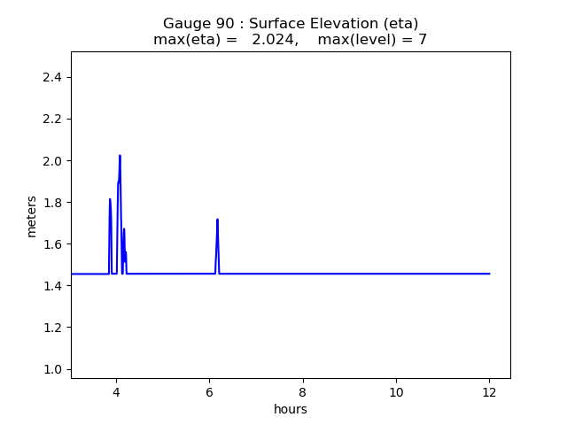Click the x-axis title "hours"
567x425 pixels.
(x=291, y=409)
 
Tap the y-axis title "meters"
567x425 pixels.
(x=32, y=216)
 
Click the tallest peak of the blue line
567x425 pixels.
(x=120, y=156)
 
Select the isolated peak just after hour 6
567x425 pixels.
(x=217, y=220)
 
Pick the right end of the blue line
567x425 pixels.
(x=489, y=274)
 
